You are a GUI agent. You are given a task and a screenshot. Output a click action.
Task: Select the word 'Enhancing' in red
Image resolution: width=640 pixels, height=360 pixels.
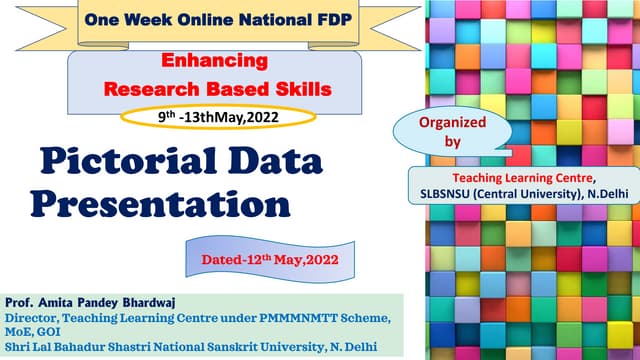201,62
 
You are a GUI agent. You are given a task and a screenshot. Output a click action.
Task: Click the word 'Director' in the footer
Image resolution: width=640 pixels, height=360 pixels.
34,318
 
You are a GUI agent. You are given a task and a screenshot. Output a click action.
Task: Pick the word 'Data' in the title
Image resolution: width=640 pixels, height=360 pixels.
276,161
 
